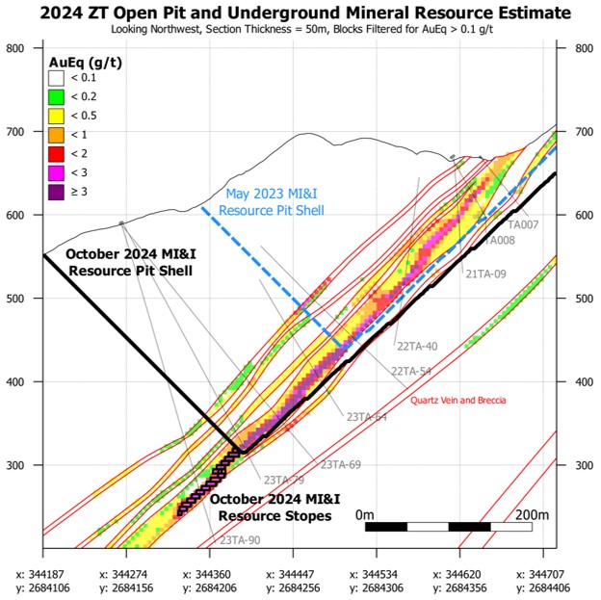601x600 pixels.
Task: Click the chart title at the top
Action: (300, 12)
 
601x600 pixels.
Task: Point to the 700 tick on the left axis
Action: (15, 132)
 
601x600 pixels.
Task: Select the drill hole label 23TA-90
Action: (240, 540)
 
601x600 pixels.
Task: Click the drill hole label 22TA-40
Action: (417, 346)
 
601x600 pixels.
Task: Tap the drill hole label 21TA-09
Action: (485, 274)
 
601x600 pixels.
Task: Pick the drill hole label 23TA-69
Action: (341, 464)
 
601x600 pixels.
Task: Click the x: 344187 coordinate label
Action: (42, 575)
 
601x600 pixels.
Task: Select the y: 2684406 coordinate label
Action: (543, 587)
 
